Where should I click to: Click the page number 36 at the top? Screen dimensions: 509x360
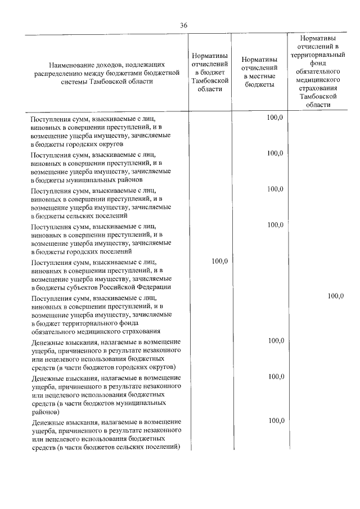click(x=183, y=25)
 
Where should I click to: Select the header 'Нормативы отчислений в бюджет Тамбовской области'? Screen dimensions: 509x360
click(x=209, y=72)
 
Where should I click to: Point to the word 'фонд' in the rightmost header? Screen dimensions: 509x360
click(x=314, y=64)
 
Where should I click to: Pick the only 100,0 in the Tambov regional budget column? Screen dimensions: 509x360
click(x=219, y=261)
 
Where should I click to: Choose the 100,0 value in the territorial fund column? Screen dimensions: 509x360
click(x=335, y=296)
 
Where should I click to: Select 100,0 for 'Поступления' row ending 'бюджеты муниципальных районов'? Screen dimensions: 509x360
click(x=276, y=153)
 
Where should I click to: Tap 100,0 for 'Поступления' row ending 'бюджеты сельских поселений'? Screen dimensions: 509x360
click(x=276, y=189)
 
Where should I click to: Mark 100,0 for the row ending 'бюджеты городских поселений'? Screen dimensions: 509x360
click(x=276, y=225)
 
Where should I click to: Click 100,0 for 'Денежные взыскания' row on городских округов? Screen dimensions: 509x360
click(x=276, y=341)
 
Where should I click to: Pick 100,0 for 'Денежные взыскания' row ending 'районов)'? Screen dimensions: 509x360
click(x=276, y=376)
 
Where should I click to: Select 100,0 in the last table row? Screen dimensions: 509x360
click(x=276, y=421)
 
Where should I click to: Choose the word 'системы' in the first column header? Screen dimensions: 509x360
click(x=73, y=80)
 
